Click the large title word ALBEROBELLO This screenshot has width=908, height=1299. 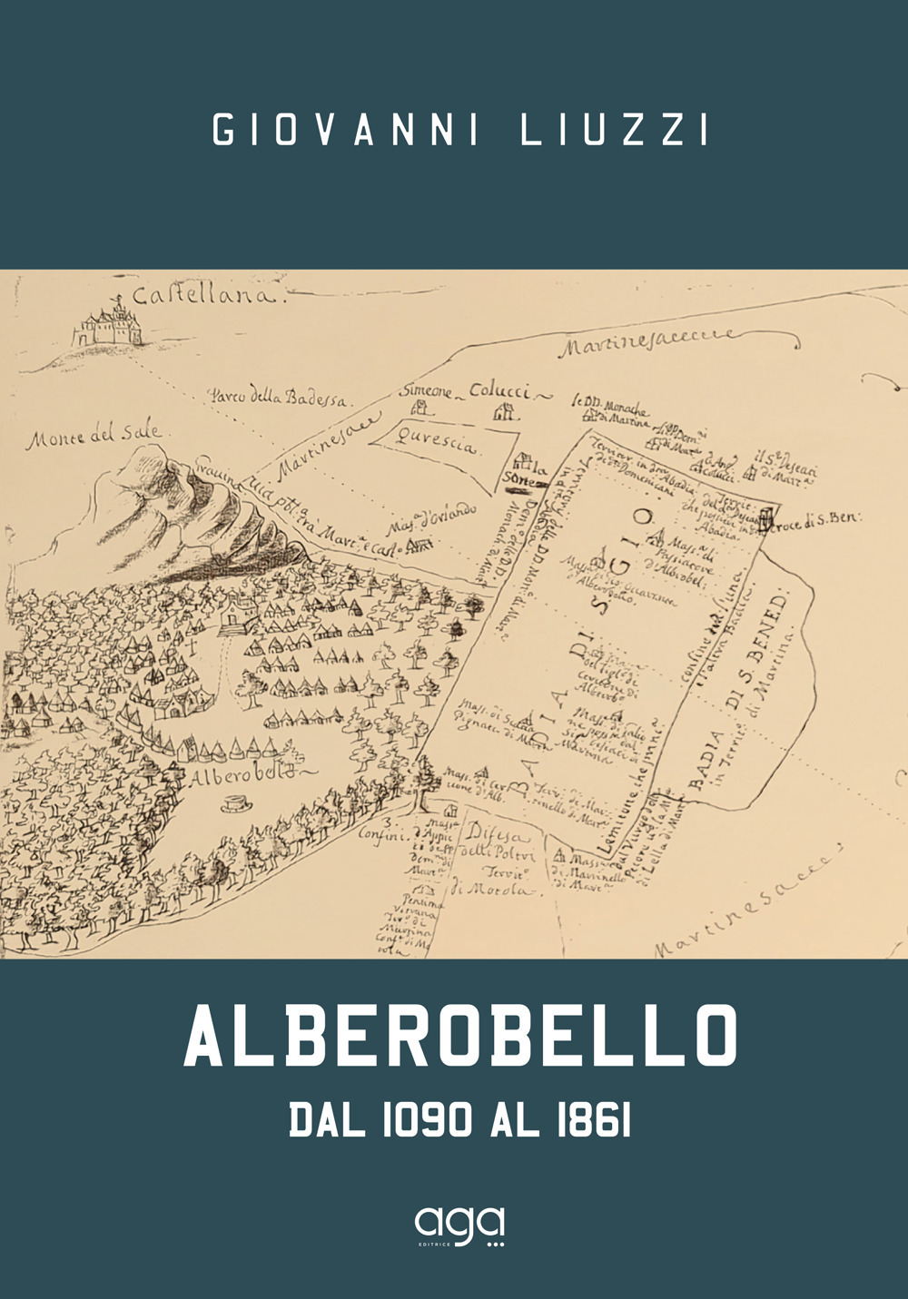coord(460,1036)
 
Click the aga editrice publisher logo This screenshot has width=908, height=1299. coord(459,1226)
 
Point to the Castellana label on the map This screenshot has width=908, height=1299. coord(207,296)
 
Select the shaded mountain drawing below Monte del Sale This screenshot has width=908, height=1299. coord(209,522)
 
